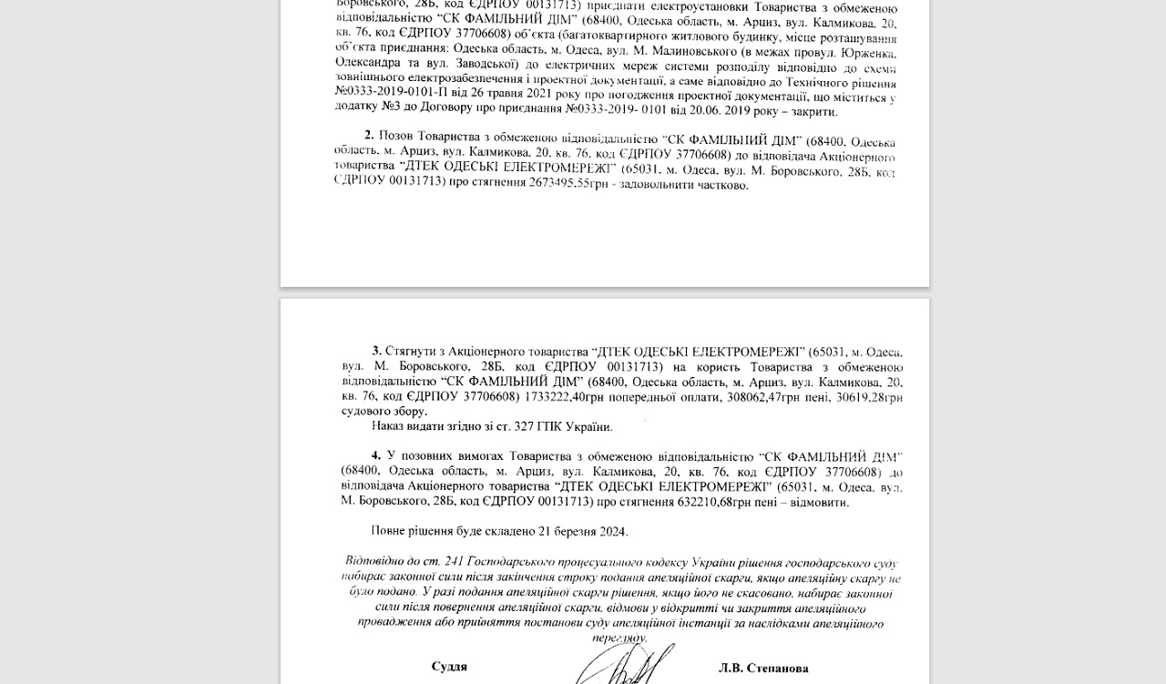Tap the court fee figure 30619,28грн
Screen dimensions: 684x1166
870,397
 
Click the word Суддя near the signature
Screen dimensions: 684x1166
449,667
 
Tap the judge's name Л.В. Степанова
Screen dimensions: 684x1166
763,669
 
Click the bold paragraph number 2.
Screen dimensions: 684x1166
369,135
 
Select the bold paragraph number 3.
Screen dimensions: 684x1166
376,351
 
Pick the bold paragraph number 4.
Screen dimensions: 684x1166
376,454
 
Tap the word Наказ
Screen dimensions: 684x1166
388,425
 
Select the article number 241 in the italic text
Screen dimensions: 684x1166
455,560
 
